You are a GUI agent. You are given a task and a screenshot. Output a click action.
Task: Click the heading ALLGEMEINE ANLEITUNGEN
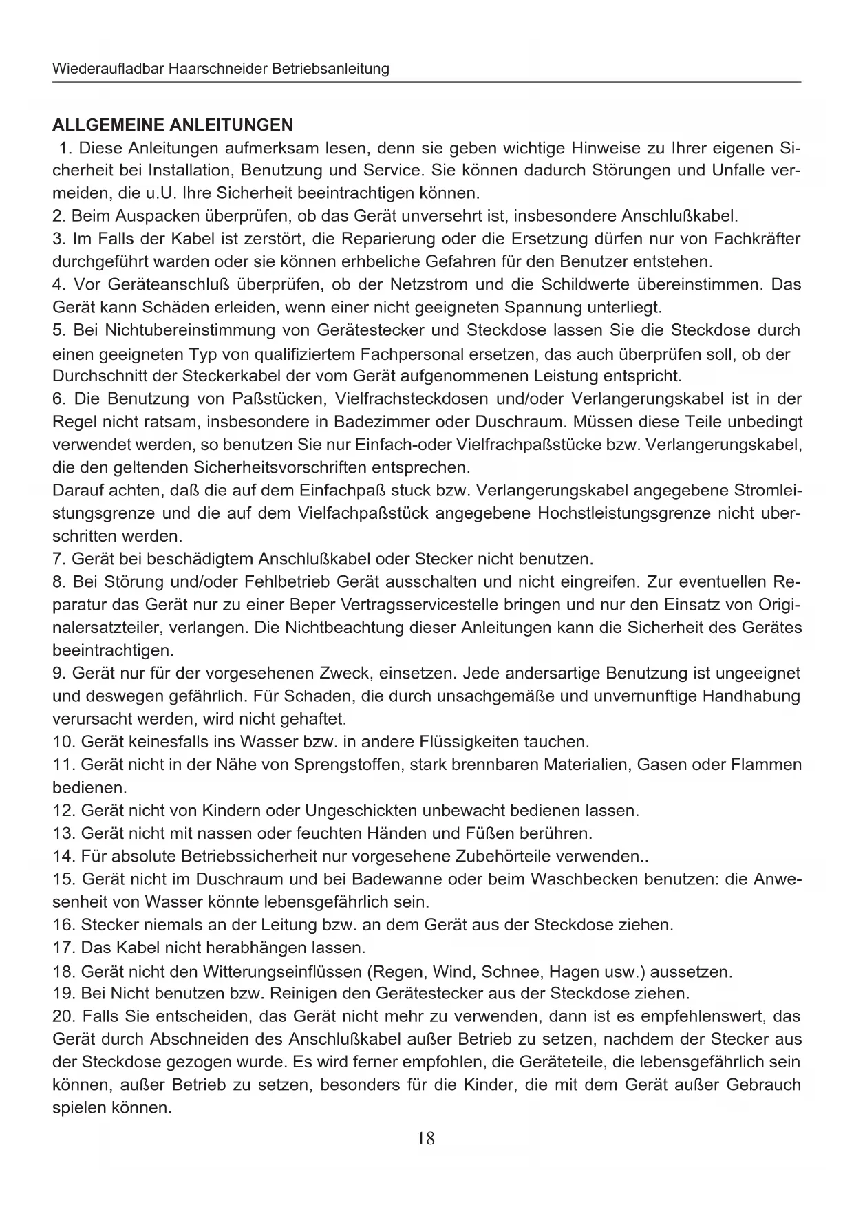point(173,125)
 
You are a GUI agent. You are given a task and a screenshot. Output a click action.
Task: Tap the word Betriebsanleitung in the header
point(330,69)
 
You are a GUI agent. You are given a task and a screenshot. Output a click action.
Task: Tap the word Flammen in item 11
point(768,765)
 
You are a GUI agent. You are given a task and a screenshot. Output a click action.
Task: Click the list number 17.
point(63,948)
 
